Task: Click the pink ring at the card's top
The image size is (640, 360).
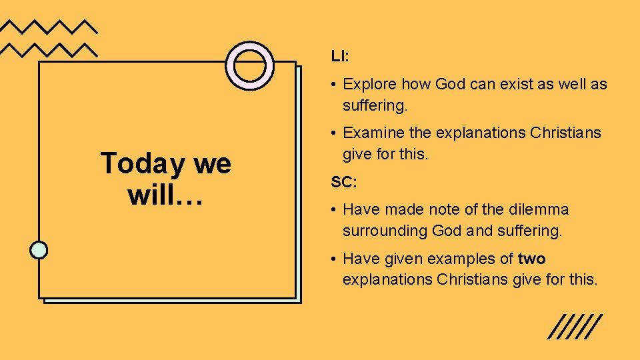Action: pos(250,65)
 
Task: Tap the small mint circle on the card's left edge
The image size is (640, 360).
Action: pos(39,249)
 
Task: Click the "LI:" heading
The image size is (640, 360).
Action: pos(339,56)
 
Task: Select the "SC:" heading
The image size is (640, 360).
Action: pos(342,181)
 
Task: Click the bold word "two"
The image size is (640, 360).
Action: pos(532,258)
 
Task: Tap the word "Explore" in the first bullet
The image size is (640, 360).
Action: pos(369,85)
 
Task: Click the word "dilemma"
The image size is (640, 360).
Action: pos(539,209)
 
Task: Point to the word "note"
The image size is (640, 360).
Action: pos(442,209)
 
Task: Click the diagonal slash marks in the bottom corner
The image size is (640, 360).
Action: pos(575,327)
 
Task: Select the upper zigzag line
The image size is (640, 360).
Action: pos(49,27)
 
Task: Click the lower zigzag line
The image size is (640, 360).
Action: pos(49,49)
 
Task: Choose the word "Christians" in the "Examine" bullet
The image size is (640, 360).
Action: pos(565,133)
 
